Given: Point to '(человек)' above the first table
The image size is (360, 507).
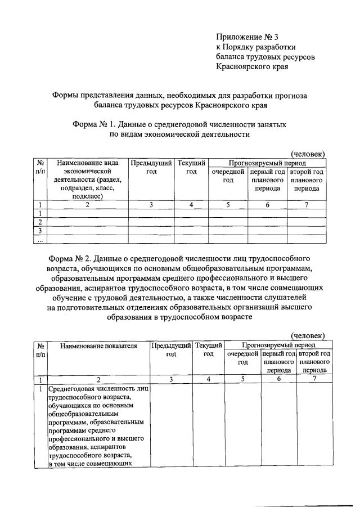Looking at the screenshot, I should [307, 154].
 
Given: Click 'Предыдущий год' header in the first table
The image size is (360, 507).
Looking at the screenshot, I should [151, 167].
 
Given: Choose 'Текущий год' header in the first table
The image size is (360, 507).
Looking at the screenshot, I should [191, 167].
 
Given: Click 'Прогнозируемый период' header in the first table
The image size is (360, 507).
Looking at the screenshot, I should [267, 162].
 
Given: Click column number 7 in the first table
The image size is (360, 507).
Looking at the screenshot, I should [307, 205].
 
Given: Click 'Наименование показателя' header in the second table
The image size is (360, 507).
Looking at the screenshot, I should [98, 345].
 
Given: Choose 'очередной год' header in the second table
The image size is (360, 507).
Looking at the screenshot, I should [242, 358].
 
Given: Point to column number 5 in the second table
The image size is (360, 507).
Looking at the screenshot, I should [242, 379].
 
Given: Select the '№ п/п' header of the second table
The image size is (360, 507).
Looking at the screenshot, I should [40, 349].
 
